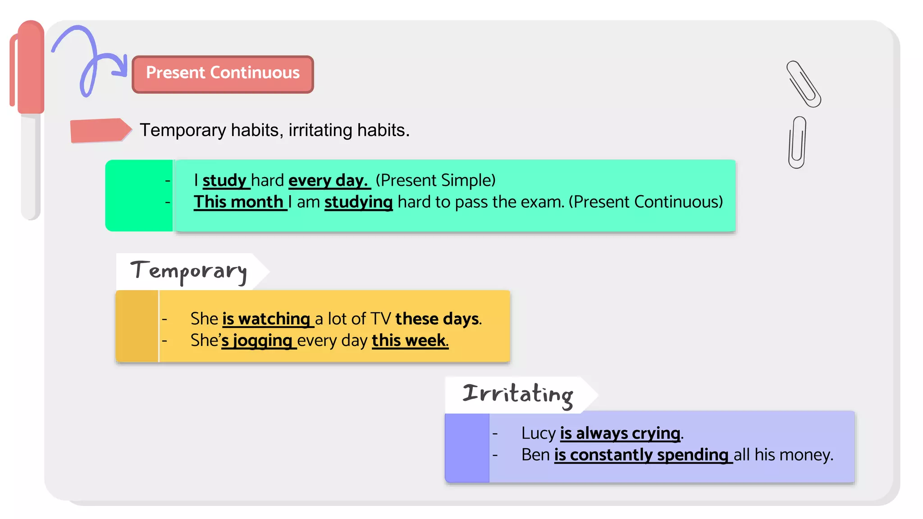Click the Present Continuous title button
pos(223,74)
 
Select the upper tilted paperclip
pos(804,84)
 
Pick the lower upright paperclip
pos(797,142)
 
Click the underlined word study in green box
pos(224,180)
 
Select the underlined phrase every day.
pos(329,180)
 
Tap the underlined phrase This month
pos(239,202)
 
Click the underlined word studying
pos(358,202)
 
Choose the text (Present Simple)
pos(435,180)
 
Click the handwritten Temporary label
pos(188,272)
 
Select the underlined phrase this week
pos(409,341)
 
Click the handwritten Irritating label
pos(517,394)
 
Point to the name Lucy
pos(538,433)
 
